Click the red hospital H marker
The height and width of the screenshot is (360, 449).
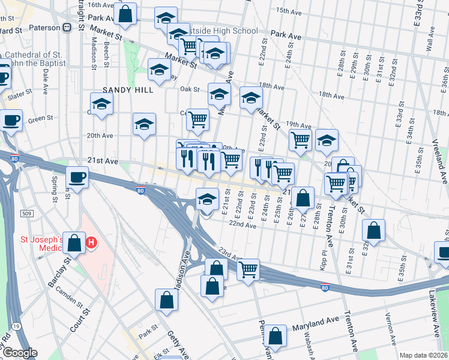click(91, 242)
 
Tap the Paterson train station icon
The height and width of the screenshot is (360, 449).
click(67, 28)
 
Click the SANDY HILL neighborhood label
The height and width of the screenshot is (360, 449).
click(128, 90)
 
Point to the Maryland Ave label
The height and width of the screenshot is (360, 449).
click(316, 326)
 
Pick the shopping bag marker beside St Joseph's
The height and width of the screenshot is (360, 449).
click(74, 242)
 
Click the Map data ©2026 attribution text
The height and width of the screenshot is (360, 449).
click(423, 355)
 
